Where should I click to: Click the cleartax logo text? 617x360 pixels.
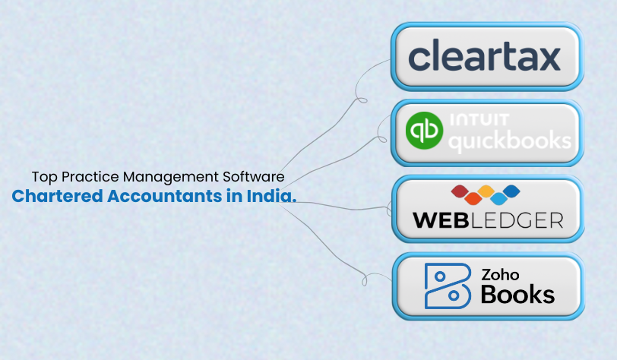pyautogui.click(x=483, y=58)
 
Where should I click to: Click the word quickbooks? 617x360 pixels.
pyautogui.click(x=510, y=140)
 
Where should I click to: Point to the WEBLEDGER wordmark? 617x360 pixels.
pyautogui.click(x=487, y=220)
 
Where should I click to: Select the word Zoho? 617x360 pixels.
pyautogui.click(x=500, y=274)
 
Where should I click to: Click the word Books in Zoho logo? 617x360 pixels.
pyautogui.click(x=517, y=294)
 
